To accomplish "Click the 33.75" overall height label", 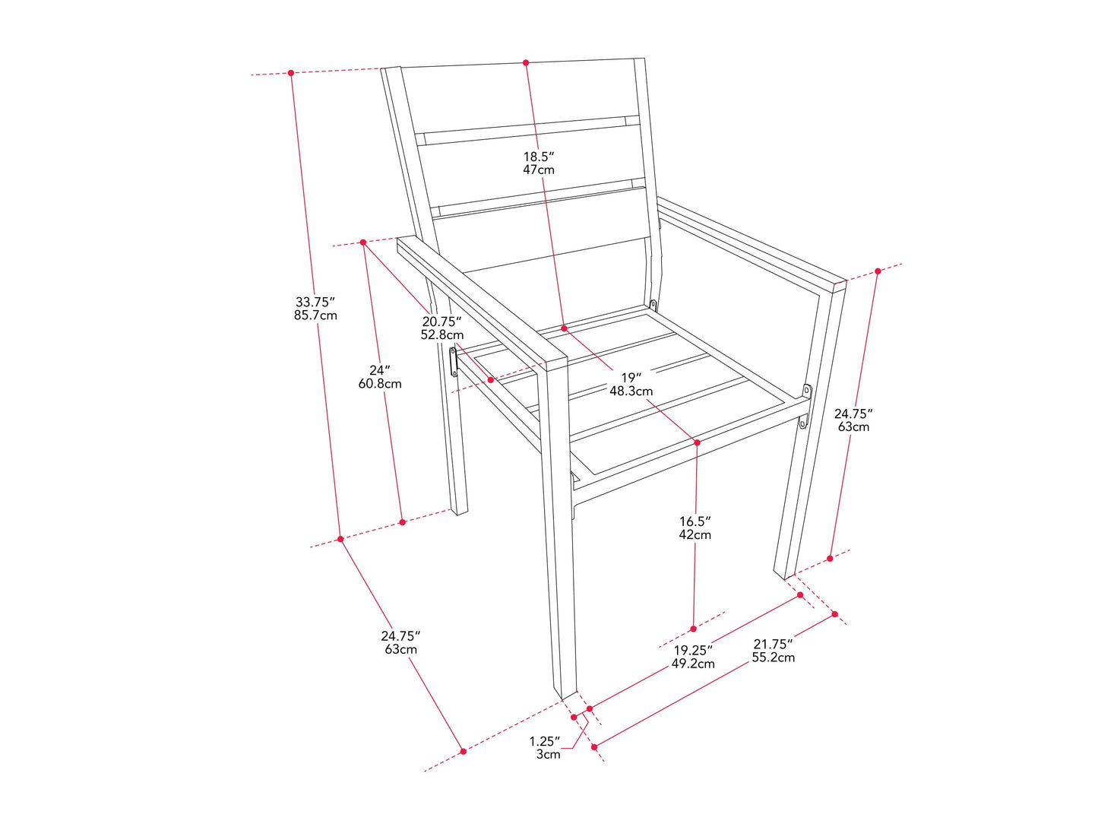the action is pyautogui.click(x=315, y=303).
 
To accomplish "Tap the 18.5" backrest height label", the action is pyautogui.click(x=539, y=156).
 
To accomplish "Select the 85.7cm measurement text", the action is pyautogui.click(x=315, y=315).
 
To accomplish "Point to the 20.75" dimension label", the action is pyautogui.click(x=441, y=322).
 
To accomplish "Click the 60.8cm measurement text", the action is pyautogui.click(x=380, y=384).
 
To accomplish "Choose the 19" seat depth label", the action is pyautogui.click(x=631, y=377).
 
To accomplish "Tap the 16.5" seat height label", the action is pyautogui.click(x=695, y=521).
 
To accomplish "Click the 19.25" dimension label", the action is pyautogui.click(x=693, y=651).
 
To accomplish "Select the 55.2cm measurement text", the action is pyautogui.click(x=774, y=658).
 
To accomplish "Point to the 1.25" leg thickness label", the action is pyautogui.click(x=545, y=740).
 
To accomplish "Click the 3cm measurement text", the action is pyautogui.click(x=549, y=754).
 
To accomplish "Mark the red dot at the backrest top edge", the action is pyautogui.click(x=526, y=62).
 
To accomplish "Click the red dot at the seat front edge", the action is pyautogui.click(x=697, y=442).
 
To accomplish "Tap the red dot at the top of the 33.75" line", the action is pyautogui.click(x=290, y=73).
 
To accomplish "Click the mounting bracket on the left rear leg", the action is pyautogui.click(x=454, y=362).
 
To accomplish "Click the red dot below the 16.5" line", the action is pyautogui.click(x=693, y=629).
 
